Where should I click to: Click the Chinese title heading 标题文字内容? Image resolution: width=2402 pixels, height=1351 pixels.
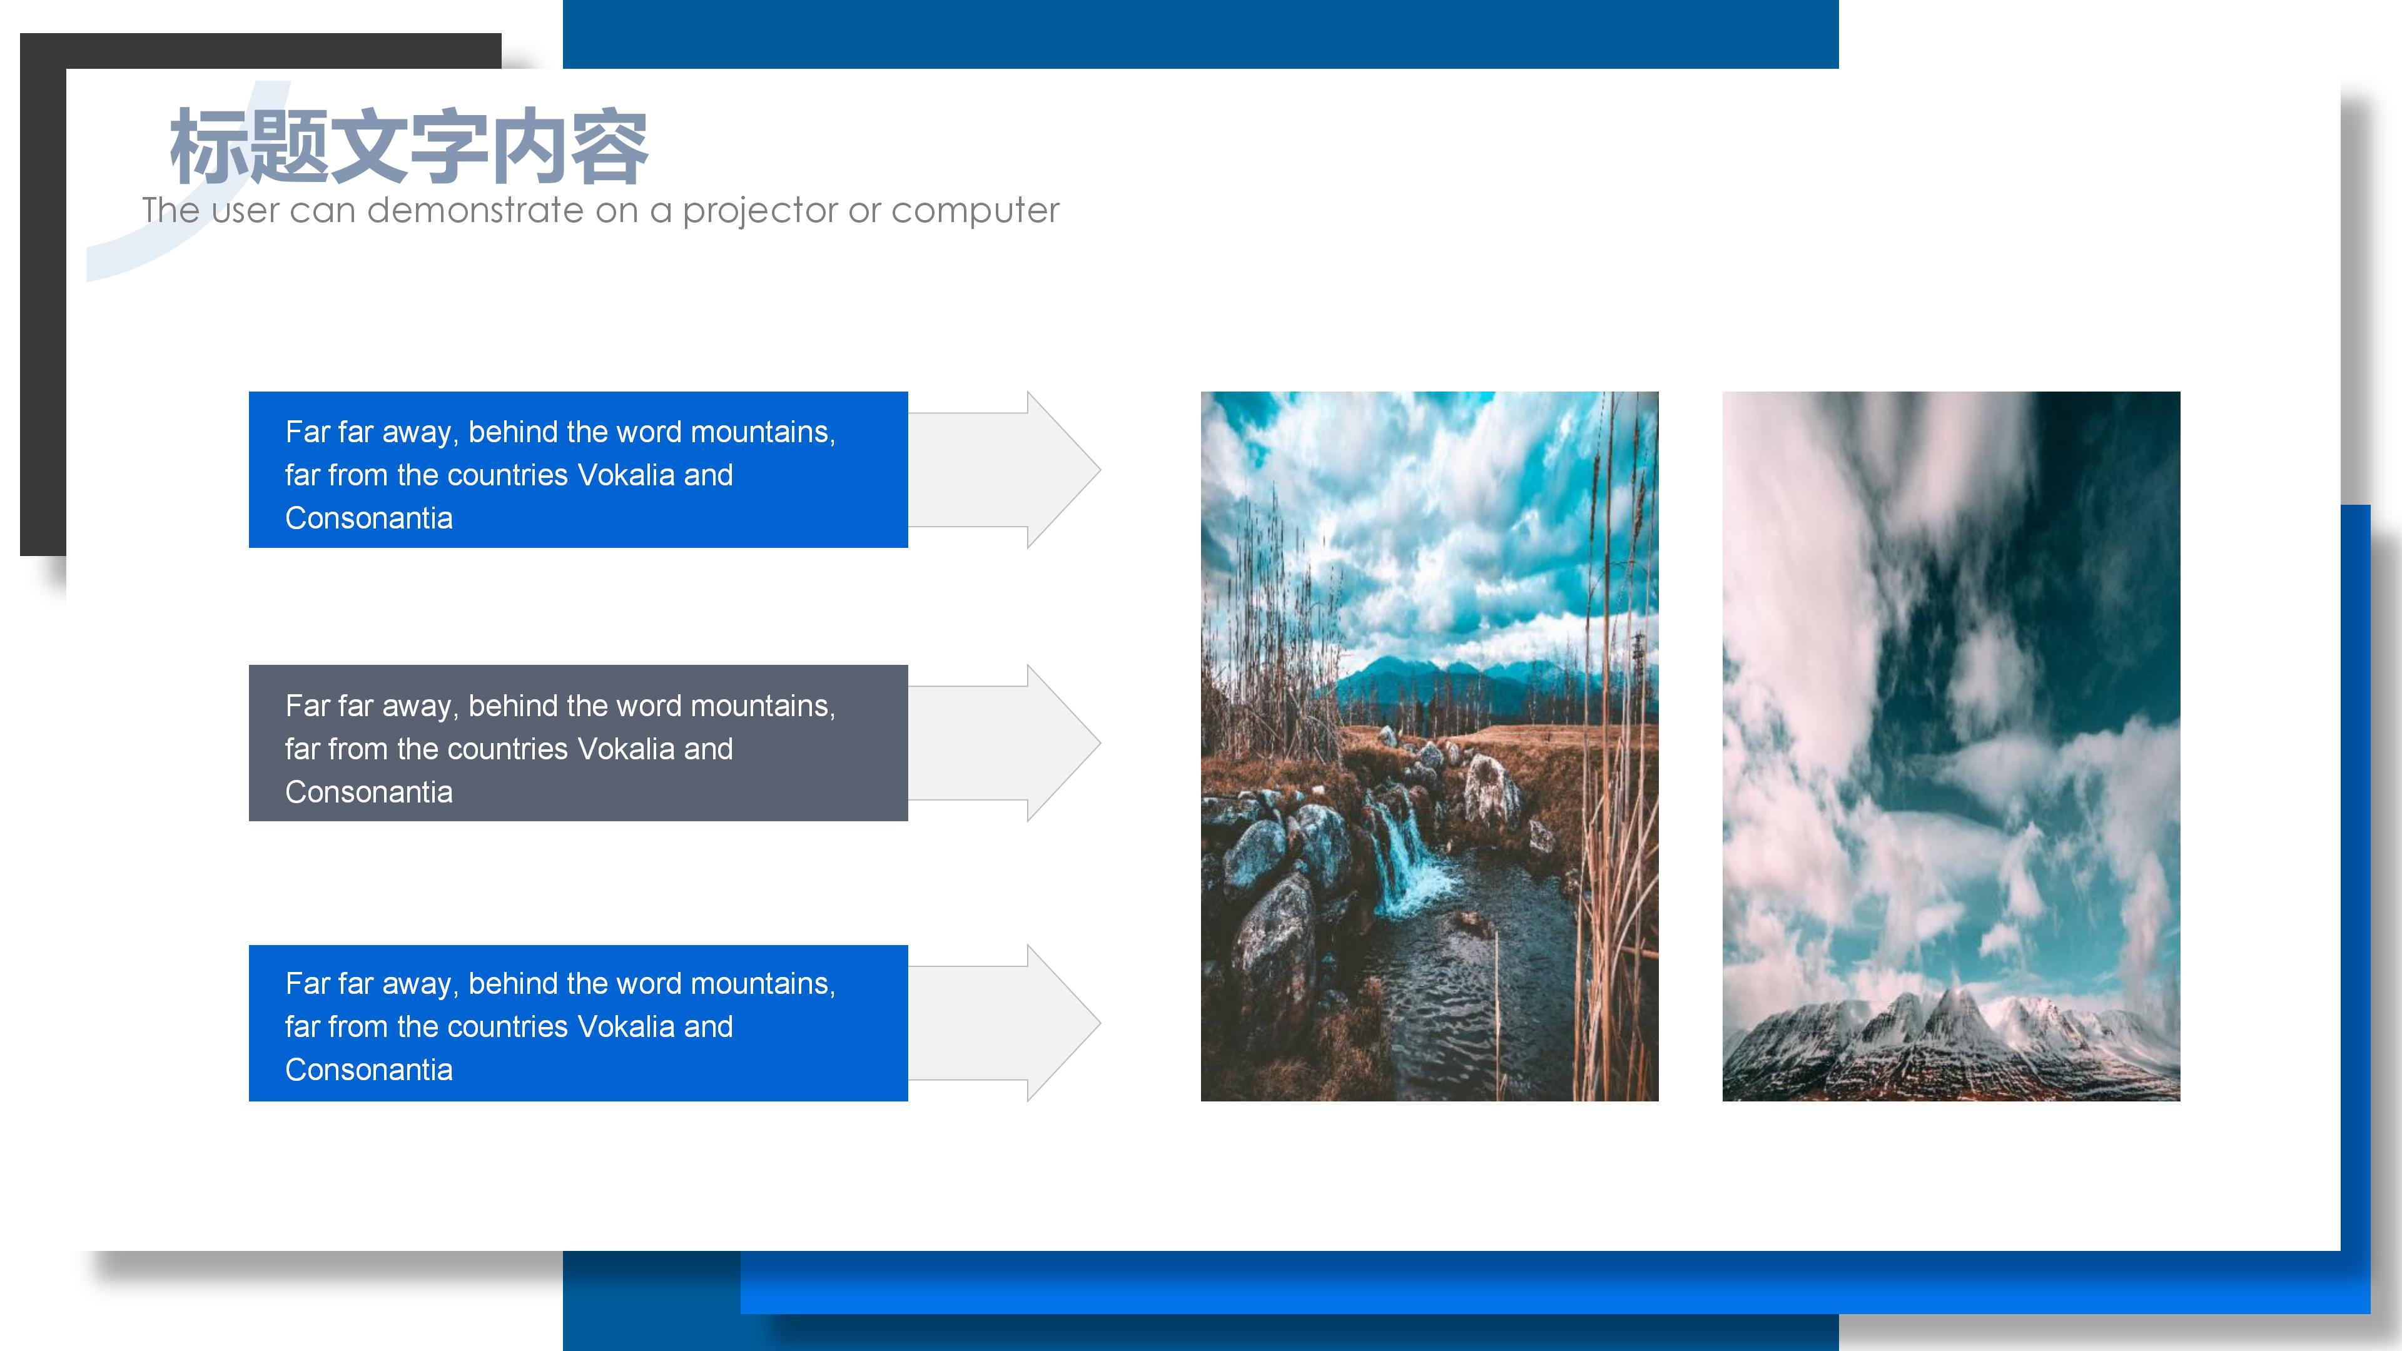tap(408, 146)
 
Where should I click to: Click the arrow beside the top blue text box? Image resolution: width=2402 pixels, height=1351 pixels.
tap(1004, 469)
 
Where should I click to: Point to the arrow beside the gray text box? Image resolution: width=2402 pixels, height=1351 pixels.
tap(1004, 743)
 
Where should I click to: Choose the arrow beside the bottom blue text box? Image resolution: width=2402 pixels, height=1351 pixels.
tap(1004, 1023)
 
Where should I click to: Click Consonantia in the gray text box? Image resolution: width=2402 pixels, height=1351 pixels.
tap(368, 792)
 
